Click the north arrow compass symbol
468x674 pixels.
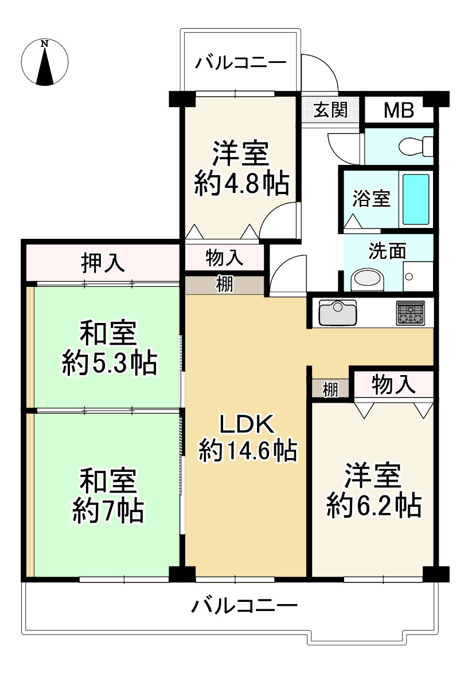pos(45,62)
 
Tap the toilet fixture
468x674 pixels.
pos(416,147)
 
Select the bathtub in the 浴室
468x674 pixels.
pos(415,199)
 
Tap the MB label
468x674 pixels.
pos(399,110)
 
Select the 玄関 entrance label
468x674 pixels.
pos(330,110)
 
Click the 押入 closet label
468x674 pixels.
pos(103,263)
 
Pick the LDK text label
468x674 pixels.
pos(247,424)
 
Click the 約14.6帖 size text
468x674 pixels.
pos(248,451)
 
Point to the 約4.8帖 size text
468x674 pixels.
pos(241,184)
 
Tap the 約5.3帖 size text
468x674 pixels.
pos(110,363)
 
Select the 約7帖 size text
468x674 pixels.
pos(108,511)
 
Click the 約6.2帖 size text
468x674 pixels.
pos(374,506)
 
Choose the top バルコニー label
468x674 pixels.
pos(241,63)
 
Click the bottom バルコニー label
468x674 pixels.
pos(244,606)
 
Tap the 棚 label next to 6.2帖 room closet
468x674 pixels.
pos(330,390)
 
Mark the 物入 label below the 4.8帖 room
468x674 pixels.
pos(224,258)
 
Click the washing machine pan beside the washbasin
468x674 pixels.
pos(418,277)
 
